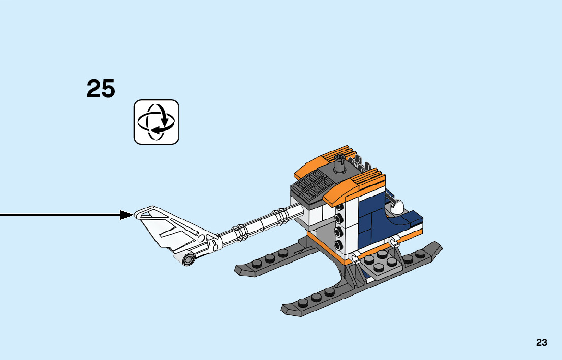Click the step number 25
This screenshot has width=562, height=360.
[101, 89]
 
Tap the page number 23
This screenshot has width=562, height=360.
[541, 343]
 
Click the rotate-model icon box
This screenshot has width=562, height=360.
[157, 122]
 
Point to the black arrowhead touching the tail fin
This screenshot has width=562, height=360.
[127, 215]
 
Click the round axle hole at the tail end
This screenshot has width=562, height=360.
[188, 261]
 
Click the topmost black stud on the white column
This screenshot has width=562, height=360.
[338, 207]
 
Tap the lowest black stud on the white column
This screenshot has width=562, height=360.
[338, 245]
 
